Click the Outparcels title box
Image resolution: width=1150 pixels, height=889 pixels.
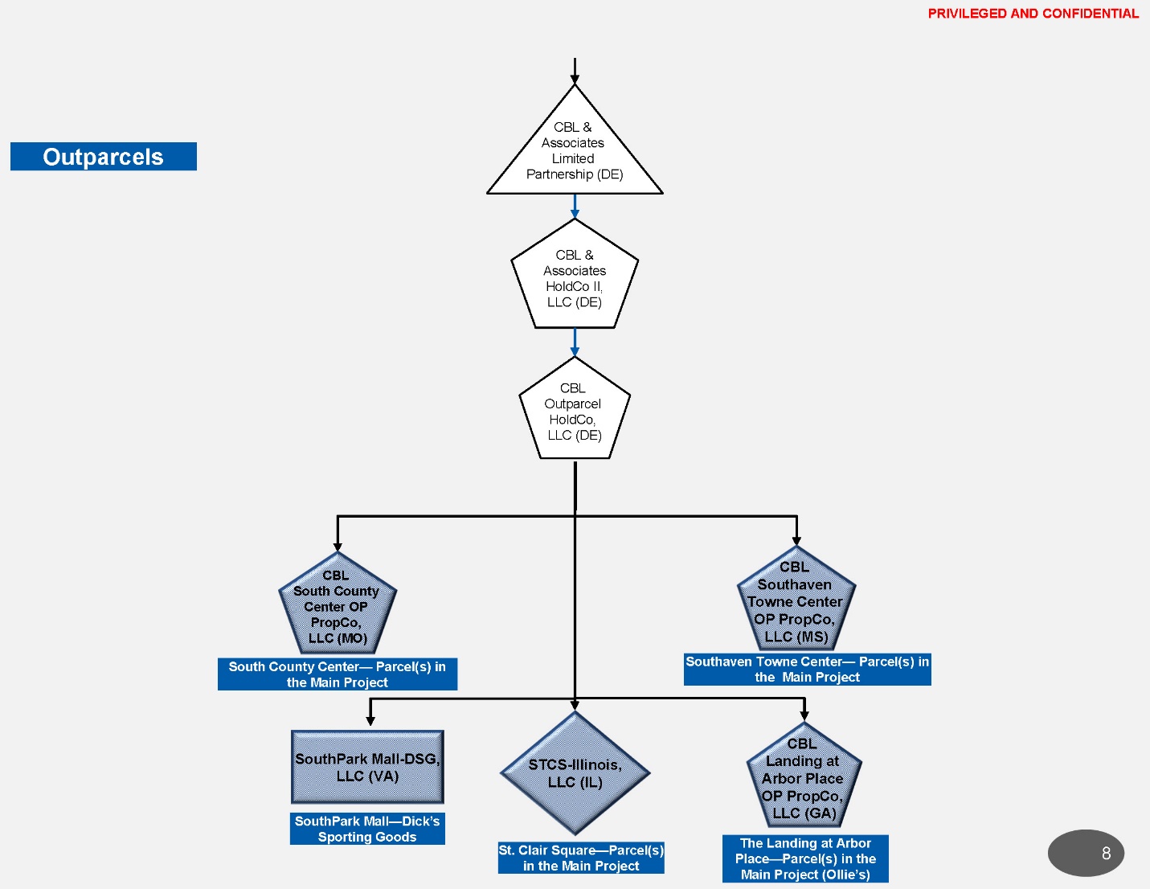pyautogui.click(x=103, y=157)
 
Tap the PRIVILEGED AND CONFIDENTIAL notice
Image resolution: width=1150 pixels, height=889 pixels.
pyautogui.click(x=1033, y=14)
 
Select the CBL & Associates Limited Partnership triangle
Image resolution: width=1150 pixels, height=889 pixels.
pyautogui.click(x=575, y=153)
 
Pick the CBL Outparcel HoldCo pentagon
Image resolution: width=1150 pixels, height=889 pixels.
pyautogui.click(x=575, y=412)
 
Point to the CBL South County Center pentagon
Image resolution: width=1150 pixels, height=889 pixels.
pyautogui.click(x=338, y=607)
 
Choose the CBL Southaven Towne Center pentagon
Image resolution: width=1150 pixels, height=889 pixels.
pyautogui.click(x=796, y=601)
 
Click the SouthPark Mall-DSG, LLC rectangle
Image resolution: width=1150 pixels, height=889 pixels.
pyautogui.click(x=367, y=767)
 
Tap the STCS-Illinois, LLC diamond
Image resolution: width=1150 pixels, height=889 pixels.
pyautogui.click(x=575, y=773)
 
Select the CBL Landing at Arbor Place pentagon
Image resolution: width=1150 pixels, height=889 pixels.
pyautogui.click(x=803, y=778)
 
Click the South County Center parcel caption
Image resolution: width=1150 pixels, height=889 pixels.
pyautogui.click(x=338, y=674)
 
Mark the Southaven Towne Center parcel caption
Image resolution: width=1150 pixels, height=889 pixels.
pyautogui.click(x=807, y=670)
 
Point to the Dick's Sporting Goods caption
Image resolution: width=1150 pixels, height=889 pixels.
pyautogui.click(x=367, y=829)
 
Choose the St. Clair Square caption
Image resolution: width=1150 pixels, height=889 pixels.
pyautogui.click(x=581, y=858)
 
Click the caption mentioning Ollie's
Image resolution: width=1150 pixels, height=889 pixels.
pyautogui.click(x=805, y=858)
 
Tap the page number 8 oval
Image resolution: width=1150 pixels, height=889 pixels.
pyautogui.click(x=1086, y=853)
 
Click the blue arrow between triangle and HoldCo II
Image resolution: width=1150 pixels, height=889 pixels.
pyautogui.click(x=575, y=207)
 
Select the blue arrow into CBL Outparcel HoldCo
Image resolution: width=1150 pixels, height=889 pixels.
pyautogui.click(x=575, y=342)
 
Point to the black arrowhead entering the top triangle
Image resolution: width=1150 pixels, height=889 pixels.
pyautogui.click(x=575, y=79)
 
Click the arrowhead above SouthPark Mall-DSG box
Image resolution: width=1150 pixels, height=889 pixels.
pyautogui.click(x=370, y=720)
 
